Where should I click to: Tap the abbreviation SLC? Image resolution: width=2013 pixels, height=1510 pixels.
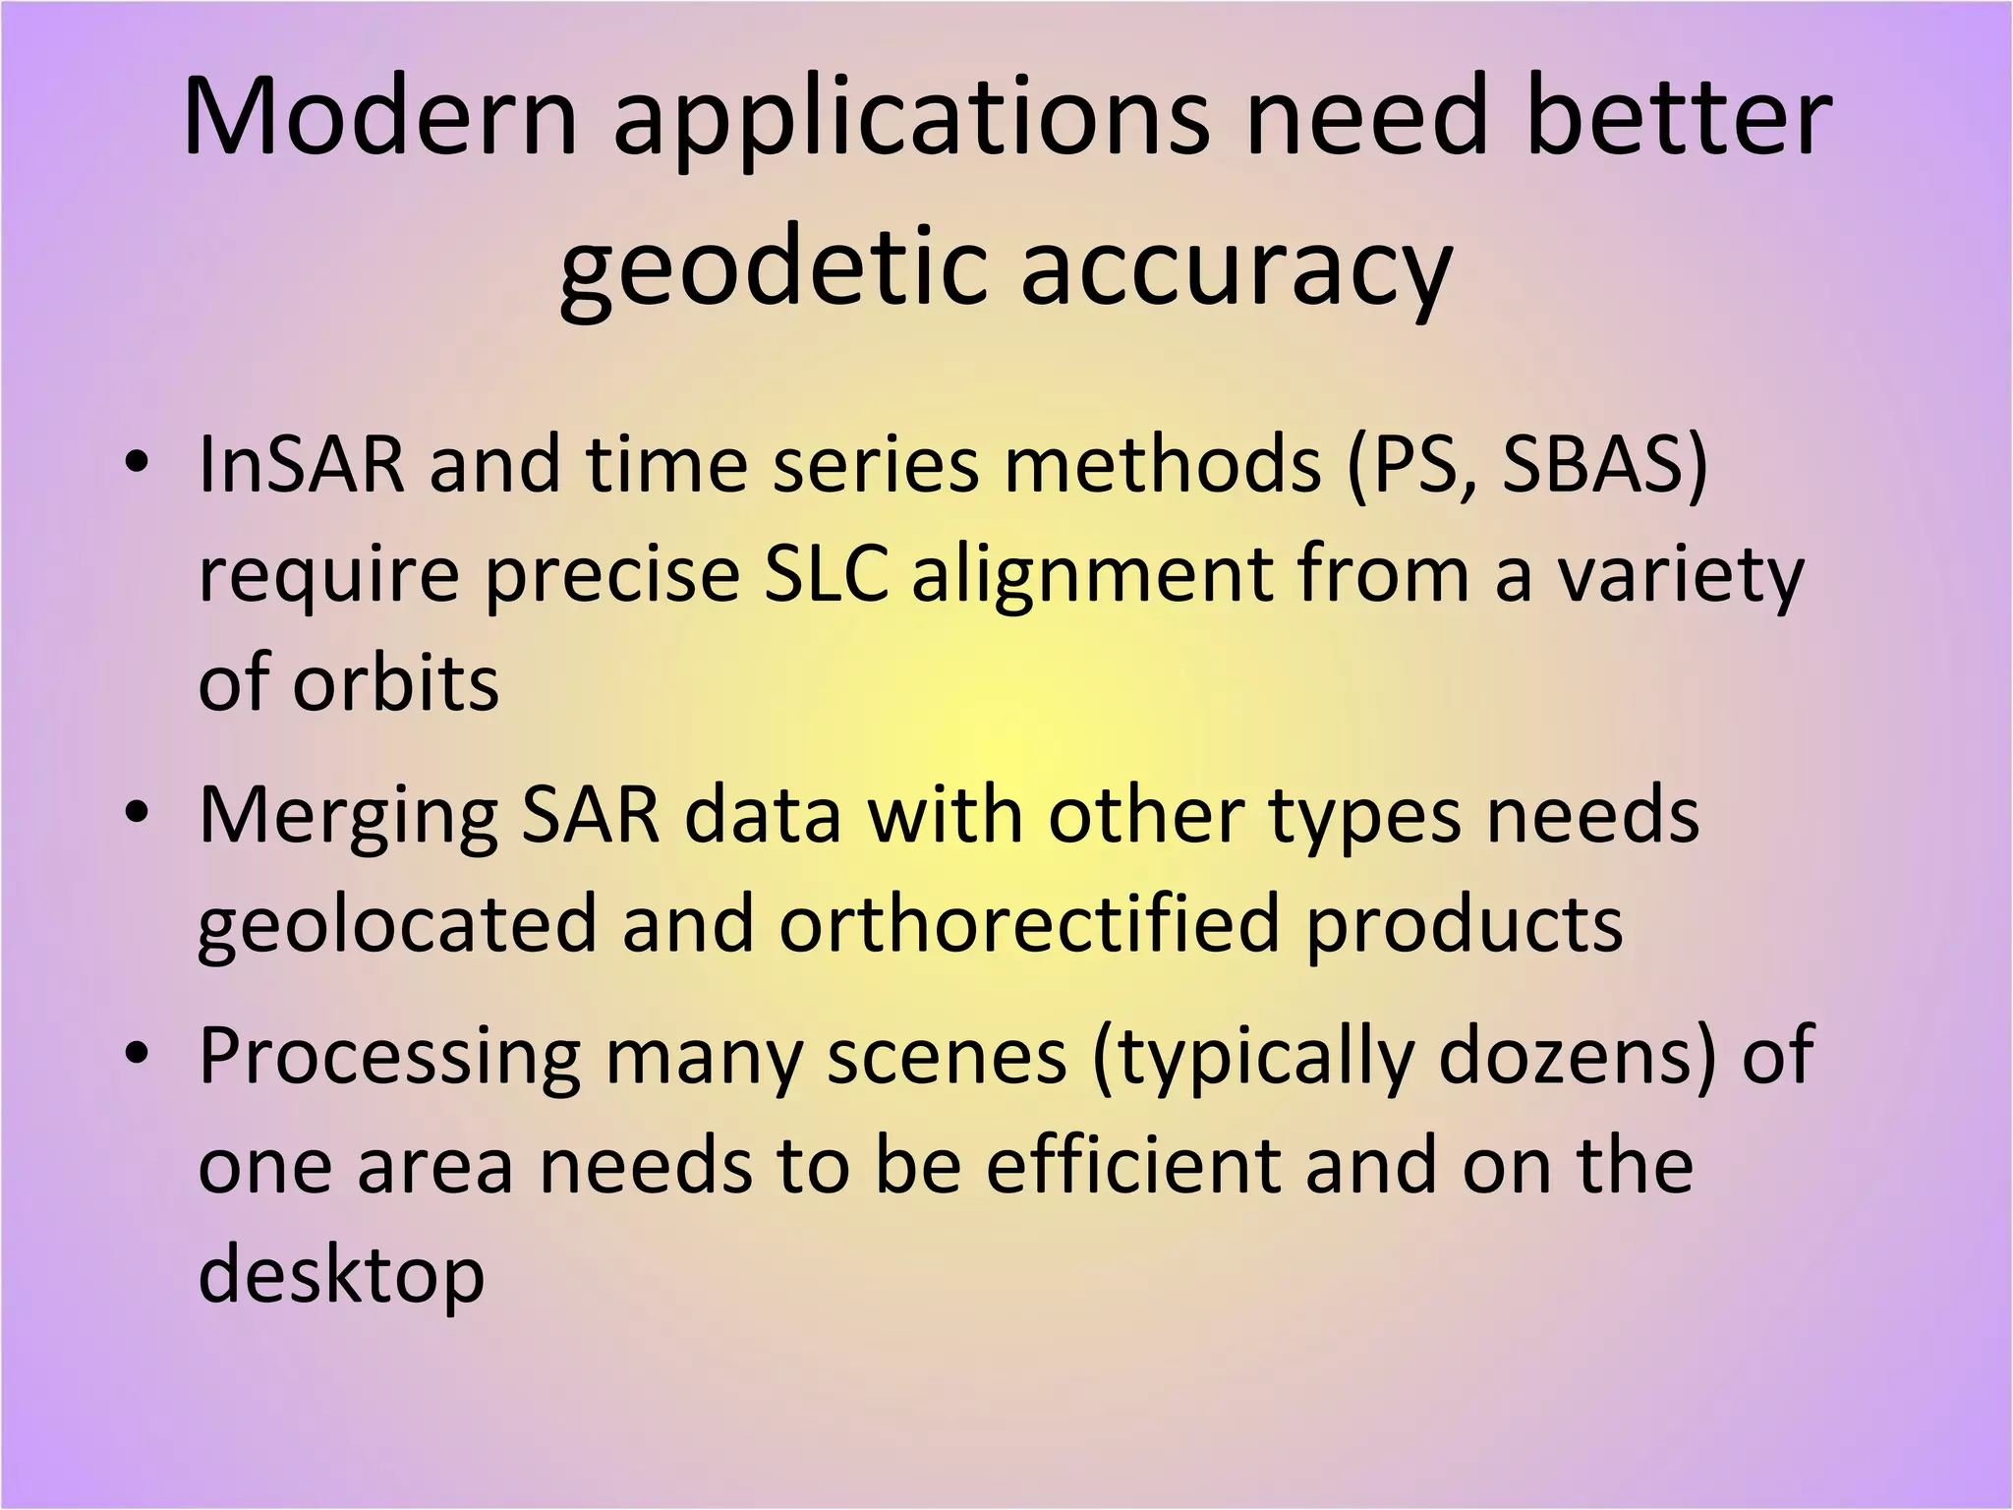[827, 574]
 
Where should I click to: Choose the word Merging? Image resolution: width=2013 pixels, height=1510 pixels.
[349, 818]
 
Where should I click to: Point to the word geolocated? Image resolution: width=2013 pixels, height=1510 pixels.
[398, 926]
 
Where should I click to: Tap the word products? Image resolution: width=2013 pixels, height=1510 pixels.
[1464, 926]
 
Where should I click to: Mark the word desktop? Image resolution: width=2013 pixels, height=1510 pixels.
[342, 1276]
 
